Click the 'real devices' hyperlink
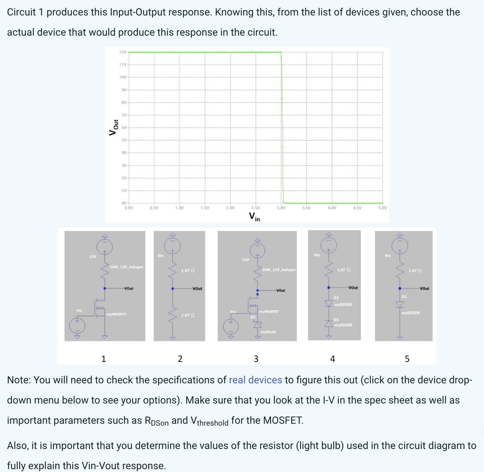pos(255,380)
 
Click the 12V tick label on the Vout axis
pos(123,52)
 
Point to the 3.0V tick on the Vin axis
pos(281,208)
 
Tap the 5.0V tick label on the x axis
pos(382,208)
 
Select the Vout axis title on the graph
pos(114,127)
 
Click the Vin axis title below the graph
pos(254,217)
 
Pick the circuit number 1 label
pos(103,359)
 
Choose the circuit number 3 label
pos(256,359)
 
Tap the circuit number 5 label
pos(407,359)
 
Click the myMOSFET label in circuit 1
pos(117,314)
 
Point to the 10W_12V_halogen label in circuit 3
pos(279,270)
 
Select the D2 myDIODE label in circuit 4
pos(343,323)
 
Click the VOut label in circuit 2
pos(197,289)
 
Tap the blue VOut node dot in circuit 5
pos(400,288)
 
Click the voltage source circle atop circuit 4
pos(329,245)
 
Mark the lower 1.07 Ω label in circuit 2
pos(188,315)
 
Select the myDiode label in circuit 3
pos(268,332)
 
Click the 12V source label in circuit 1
pos(92,257)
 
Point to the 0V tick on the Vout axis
pos(124,203)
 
